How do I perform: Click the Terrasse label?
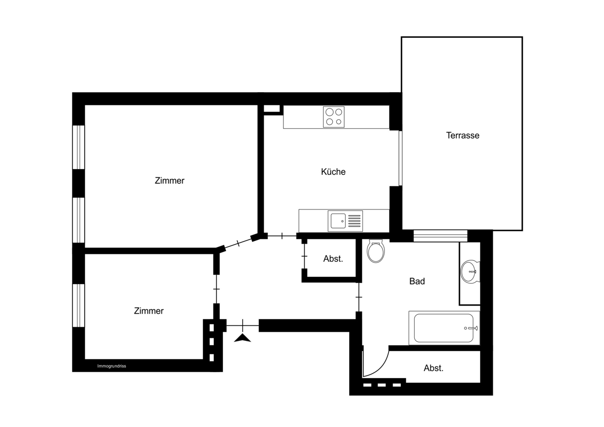pyautogui.click(x=463, y=135)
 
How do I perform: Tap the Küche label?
pyautogui.click(x=333, y=172)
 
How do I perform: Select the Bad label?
pyautogui.click(x=417, y=281)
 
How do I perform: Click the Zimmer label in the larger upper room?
pyautogui.click(x=170, y=180)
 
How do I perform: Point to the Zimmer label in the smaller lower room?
pyautogui.click(x=148, y=311)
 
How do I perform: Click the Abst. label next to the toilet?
pyautogui.click(x=333, y=259)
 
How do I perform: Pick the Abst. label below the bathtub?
pyautogui.click(x=433, y=368)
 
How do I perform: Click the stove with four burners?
pyautogui.click(x=334, y=117)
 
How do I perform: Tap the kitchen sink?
pyautogui.click(x=345, y=221)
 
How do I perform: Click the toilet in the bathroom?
pyautogui.click(x=376, y=251)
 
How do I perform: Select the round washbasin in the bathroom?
pyautogui.click(x=470, y=271)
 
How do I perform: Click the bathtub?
pyautogui.click(x=444, y=328)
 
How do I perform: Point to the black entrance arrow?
pyautogui.click(x=243, y=338)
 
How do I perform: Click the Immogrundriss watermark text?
pyautogui.click(x=112, y=366)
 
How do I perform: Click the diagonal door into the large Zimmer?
pyautogui.click(x=239, y=243)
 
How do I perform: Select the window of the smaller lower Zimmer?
pyautogui.click(x=79, y=305)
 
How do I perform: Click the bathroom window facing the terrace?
pyautogui.click(x=440, y=236)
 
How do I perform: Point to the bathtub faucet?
pyautogui.click(x=471, y=328)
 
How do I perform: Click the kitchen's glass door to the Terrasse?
pyautogui.click(x=401, y=158)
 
